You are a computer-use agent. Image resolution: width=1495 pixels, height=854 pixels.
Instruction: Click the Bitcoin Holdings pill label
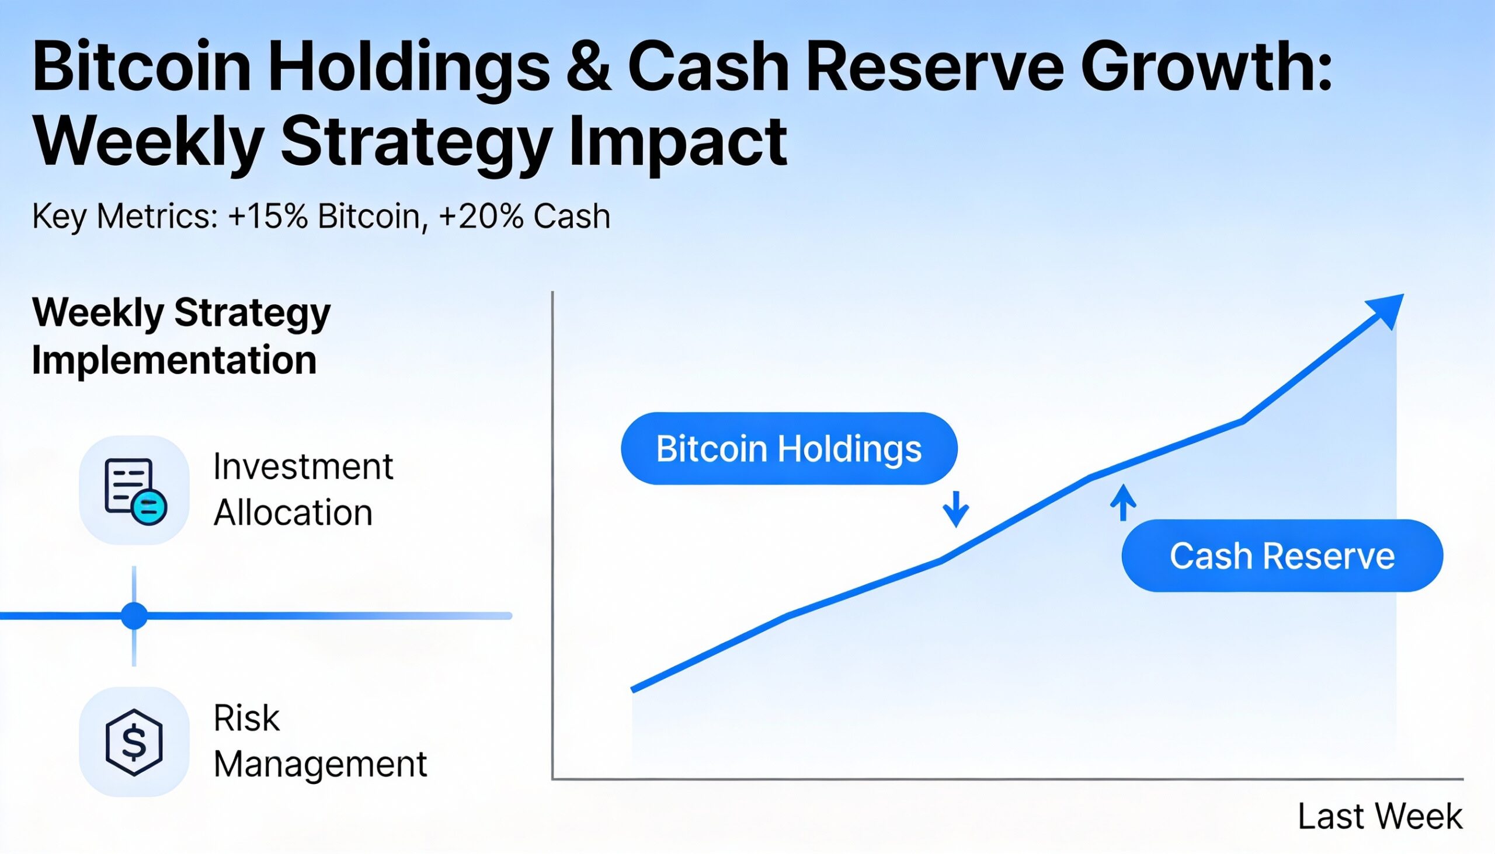pos(788,449)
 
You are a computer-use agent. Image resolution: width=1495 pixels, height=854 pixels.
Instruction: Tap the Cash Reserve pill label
pos(1281,556)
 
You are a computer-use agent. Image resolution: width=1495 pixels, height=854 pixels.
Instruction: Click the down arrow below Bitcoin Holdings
pos(955,509)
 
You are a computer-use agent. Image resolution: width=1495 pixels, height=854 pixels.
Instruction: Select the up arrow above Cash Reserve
pos(1122,503)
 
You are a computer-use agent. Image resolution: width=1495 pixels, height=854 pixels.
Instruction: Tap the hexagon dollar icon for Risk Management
pos(134,742)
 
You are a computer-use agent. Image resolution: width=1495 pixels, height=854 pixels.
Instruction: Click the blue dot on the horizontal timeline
pos(134,615)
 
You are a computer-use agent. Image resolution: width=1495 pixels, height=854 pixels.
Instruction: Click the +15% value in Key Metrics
pos(267,217)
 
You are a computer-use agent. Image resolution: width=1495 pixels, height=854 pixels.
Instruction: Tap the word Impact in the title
pos(677,142)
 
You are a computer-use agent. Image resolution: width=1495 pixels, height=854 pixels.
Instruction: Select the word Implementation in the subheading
pos(174,360)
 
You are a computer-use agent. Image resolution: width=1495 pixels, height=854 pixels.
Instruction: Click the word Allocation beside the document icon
pos(293,513)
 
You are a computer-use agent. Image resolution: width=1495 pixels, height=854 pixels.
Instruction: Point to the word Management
pos(320,764)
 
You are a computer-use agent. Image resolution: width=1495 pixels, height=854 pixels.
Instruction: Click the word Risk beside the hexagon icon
pos(246,718)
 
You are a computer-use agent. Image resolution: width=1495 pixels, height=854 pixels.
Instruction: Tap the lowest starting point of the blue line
pos(634,689)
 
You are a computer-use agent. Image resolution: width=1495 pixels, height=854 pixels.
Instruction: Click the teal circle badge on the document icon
pos(149,507)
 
